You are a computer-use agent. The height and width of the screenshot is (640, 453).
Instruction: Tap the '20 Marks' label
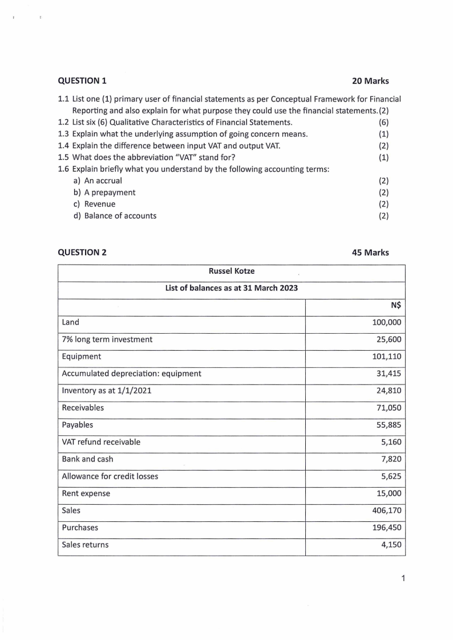pos(371,81)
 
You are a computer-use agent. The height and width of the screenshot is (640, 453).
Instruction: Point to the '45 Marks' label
pos(371,252)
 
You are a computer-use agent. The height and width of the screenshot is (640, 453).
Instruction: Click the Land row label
pos(70,322)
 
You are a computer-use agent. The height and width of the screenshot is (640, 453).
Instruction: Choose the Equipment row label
pos(82,357)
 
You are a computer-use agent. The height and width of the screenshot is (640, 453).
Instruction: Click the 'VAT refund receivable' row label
pos(101,442)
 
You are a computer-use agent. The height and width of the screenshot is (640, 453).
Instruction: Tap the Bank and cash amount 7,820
pos(391,459)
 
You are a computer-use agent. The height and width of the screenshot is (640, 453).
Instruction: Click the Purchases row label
pos(80,528)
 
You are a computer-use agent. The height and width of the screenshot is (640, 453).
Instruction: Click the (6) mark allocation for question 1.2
pos(383,122)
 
